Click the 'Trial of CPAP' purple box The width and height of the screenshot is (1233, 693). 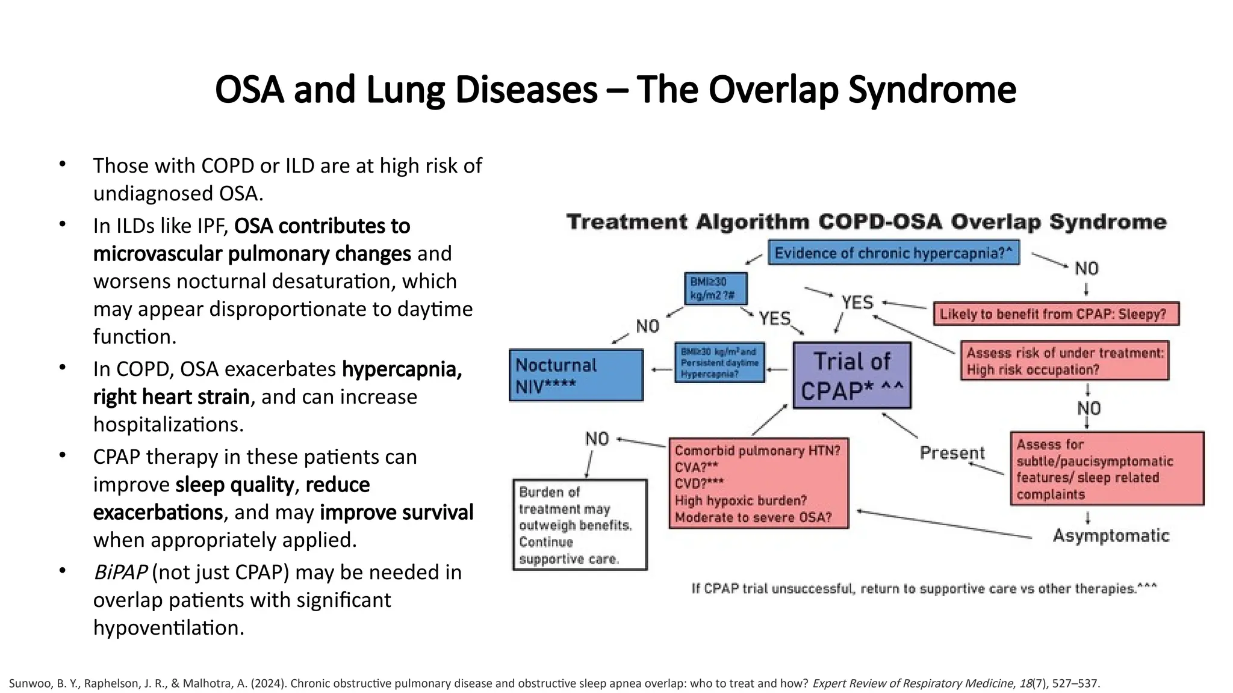pyautogui.click(x=852, y=376)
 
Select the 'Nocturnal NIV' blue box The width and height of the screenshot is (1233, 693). pyautogui.click(x=576, y=375)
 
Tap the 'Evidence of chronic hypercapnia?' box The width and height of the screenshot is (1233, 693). pyautogui.click(x=893, y=253)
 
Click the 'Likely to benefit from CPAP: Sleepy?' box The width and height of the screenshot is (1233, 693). pyautogui.click(x=1056, y=314)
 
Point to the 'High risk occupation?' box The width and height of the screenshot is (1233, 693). pyautogui.click(x=1064, y=361)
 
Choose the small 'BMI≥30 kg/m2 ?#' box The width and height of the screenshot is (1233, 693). pyautogui.click(x=716, y=289)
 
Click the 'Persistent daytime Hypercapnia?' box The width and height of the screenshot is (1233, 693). pyautogui.click(x=719, y=363)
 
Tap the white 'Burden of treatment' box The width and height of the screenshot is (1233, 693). pyautogui.click(x=580, y=525)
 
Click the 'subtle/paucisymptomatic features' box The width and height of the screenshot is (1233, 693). pyautogui.click(x=1107, y=469)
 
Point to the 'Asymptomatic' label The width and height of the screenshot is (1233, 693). pyautogui.click(x=1111, y=535)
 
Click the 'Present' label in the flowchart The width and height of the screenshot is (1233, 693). pyautogui.click(x=952, y=453)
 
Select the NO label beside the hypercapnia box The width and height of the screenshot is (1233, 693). pyautogui.click(x=1087, y=268)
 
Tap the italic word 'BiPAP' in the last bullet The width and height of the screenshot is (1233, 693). pyautogui.click(x=120, y=572)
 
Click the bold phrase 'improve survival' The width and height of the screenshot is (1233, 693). pyautogui.click(x=396, y=512)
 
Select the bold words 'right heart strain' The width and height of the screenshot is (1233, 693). pyautogui.click(x=171, y=397)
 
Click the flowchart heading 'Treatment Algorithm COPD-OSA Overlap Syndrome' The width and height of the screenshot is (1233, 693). pyautogui.click(x=866, y=222)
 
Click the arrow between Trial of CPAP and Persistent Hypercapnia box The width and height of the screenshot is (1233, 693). pyautogui.click(x=778, y=369)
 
